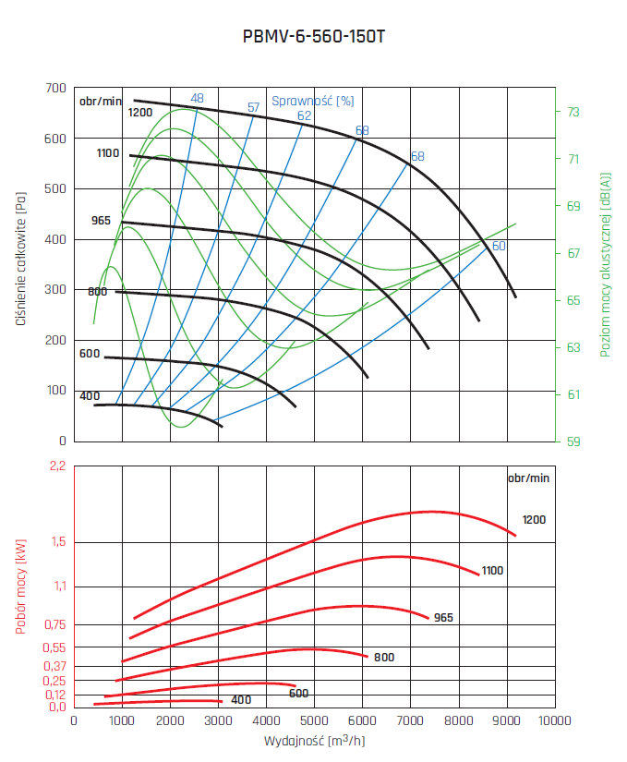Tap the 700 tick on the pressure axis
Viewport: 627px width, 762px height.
[55, 89]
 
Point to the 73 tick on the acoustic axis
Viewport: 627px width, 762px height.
[573, 112]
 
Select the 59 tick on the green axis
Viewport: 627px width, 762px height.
[573, 441]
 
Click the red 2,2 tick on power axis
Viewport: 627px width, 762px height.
[57, 466]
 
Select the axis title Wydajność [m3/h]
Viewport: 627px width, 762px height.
[314, 741]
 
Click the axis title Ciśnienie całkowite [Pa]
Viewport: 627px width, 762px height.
[20, 264]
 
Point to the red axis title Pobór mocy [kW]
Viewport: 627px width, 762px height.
[20, 587]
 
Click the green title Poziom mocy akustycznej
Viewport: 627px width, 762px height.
[606, 264]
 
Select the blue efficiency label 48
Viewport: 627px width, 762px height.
[197, 98]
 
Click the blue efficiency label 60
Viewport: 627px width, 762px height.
[498, 246]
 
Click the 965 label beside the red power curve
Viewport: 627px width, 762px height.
[443, 617]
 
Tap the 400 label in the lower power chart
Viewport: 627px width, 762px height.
[241, 700]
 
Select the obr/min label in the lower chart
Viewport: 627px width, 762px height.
[528, 478]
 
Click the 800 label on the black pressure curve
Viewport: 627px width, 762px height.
[97, 292]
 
